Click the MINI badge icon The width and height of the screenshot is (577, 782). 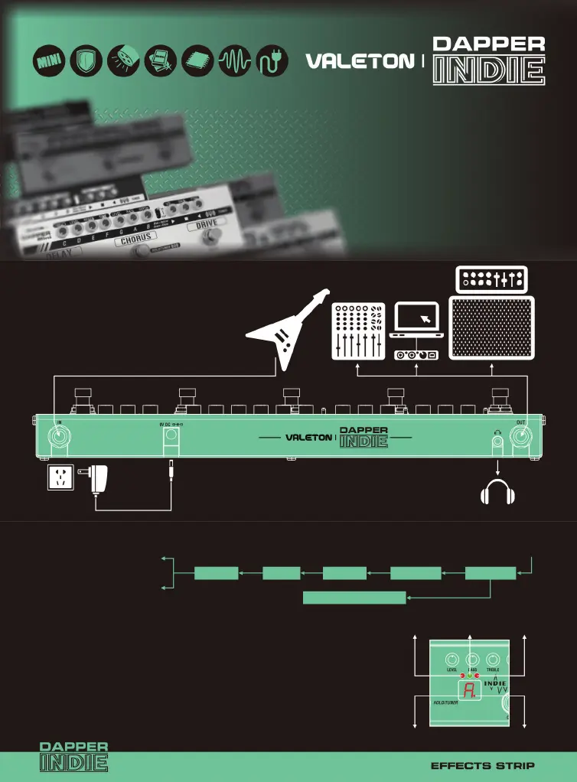pos(50,61)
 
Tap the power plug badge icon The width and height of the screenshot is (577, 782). pos(272,61)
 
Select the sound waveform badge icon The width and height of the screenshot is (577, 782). pos(235,61)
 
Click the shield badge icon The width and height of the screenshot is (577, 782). pos(86,61)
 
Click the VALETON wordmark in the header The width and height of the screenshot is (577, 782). pos(360,61)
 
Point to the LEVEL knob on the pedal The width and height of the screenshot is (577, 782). pos(452,658)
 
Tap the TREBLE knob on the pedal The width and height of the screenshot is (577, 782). pos(494,658)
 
